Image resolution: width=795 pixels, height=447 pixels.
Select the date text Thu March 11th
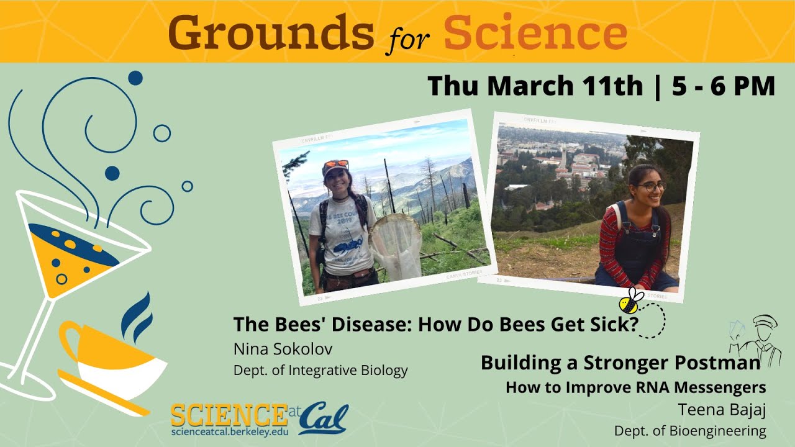coord(535,86)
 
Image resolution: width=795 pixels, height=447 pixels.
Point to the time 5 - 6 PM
coord(724,86)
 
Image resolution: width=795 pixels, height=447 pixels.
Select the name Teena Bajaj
coord(722,410)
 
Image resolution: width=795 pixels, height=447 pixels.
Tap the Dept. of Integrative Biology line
coord(320,371)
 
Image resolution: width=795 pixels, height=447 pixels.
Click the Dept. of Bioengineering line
coord(689,430)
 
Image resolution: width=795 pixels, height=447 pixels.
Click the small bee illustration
coord(632,300)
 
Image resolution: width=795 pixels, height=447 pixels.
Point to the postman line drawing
coord(759,340)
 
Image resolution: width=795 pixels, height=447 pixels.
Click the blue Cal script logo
coord(323,418)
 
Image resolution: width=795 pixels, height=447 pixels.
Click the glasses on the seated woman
coord(650,186)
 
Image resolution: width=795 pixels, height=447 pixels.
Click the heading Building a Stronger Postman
coord(620,363)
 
